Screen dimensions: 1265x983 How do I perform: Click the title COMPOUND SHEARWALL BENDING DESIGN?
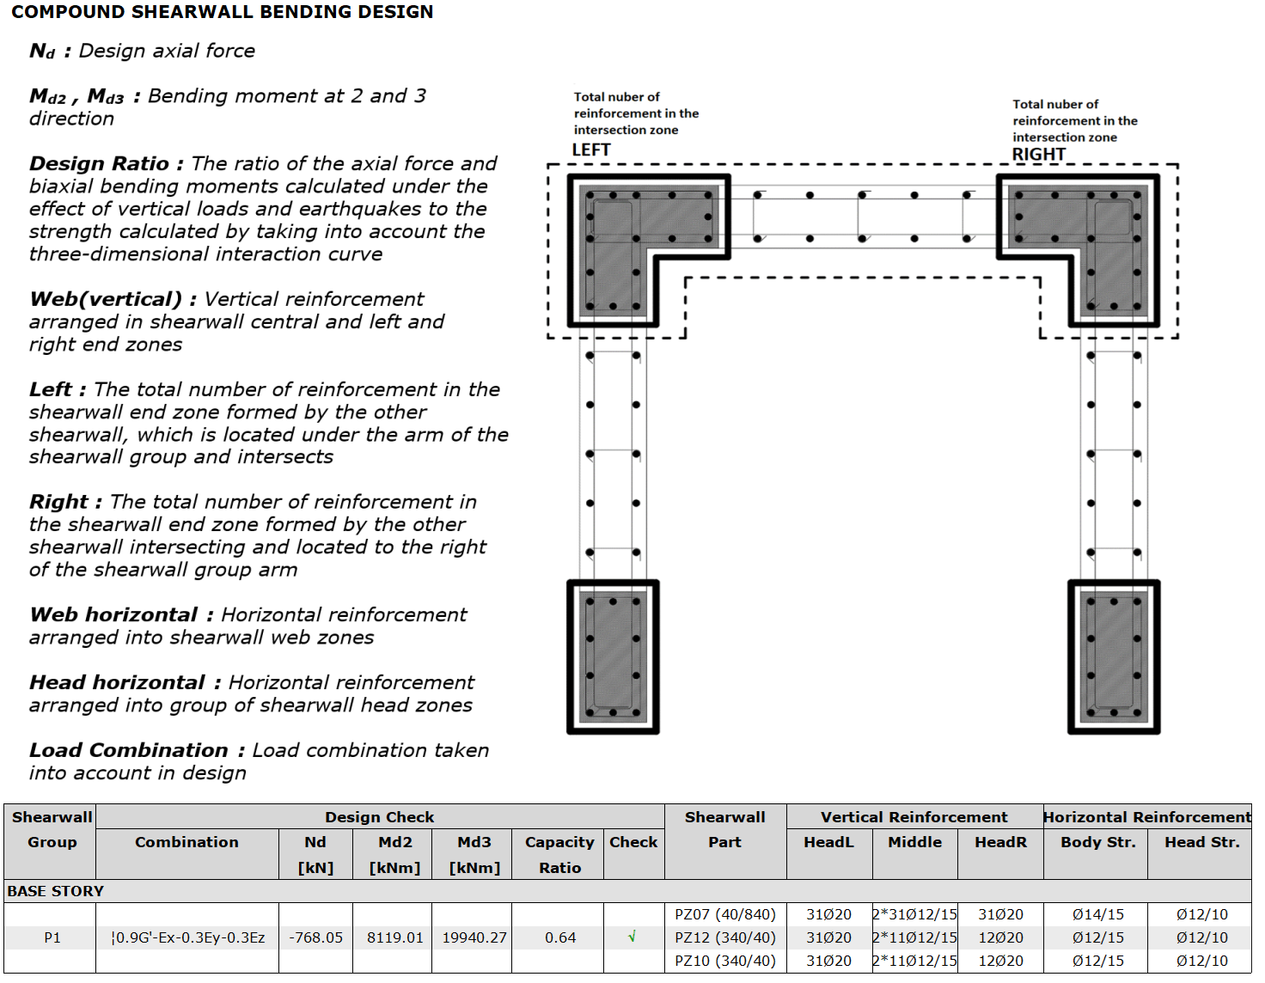coord(222,12)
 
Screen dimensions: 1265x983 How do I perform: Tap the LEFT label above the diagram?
coord(591,150)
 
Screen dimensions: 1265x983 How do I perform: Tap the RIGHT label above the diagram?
coord(1038,155)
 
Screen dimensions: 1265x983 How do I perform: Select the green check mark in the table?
coord(632,937)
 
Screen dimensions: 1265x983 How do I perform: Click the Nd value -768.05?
coord(315,937)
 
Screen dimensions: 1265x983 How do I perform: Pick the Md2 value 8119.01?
coord(394,937)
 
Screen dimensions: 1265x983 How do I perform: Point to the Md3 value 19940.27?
coord(474,937)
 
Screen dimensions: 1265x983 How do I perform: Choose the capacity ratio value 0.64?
coord(560,937)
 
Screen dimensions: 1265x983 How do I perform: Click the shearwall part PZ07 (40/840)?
coord(725,914)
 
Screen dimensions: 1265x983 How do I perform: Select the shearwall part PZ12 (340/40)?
coord(725,937)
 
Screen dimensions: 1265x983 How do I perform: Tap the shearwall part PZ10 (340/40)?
coord(725,961)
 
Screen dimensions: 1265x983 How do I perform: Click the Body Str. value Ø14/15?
coord(1098,914)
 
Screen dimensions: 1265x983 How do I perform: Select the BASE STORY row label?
coord(55,891)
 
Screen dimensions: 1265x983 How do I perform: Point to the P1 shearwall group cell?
coord(52,937)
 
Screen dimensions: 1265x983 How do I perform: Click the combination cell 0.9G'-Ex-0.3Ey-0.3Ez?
coord(188,937)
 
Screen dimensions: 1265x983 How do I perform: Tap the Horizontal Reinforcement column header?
coord(1146,817)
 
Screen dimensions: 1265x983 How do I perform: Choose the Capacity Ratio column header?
coord(560,854)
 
